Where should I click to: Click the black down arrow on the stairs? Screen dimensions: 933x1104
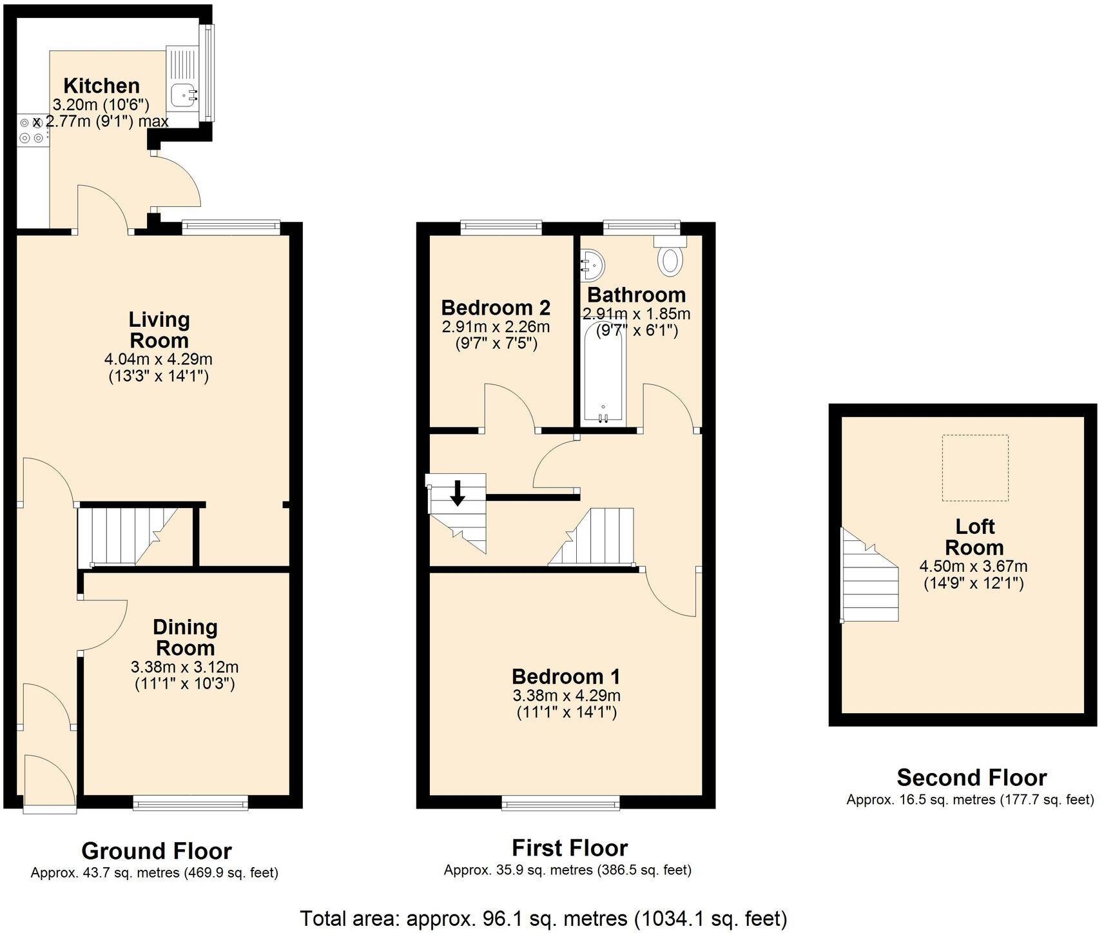(458, 493)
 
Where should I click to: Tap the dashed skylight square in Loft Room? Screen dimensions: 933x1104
(974, 467)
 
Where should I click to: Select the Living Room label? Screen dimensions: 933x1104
(159, 329)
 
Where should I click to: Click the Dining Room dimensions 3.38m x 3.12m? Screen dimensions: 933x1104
(184, 667)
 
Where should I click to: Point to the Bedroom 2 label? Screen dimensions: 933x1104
(496, 307)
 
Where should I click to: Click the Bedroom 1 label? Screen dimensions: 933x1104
(566, 676)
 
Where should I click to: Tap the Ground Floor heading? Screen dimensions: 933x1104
(157, 851)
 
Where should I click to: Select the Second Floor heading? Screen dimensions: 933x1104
(971, 778)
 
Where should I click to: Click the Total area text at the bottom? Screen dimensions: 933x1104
(543, 918)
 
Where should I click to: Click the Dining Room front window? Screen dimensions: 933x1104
(191, 803)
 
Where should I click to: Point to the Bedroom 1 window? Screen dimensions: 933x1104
(561, 803)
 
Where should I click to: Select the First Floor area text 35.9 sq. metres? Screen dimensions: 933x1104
(567, 870)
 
